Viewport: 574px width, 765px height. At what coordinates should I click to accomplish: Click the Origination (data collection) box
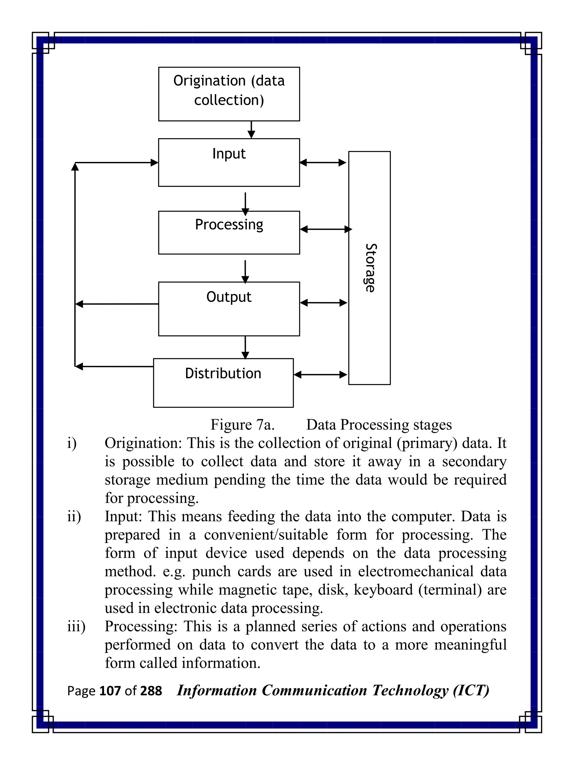pyautogui.click(x=229, y=94)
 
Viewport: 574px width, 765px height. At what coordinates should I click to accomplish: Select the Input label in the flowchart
pyautogui.click(x=229, y=154)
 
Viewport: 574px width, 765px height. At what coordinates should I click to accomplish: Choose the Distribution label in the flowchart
pyautogui.click(x=223, y=373)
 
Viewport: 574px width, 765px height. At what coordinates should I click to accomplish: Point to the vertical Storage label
pyautogui.click(x=371, y=268)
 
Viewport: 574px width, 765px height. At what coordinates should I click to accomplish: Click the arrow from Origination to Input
pyautogui.click(x=251, y=130)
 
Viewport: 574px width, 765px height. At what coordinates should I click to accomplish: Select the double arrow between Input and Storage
pyautogui.click(x=323, y=162)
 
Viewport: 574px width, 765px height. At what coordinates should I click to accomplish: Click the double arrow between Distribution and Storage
pyautogui.click(x=320, y=375)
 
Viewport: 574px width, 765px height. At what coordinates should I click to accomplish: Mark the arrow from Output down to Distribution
pyautogui.click(x=245, y=347)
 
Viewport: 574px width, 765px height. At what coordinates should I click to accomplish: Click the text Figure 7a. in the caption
pyautogui.click(x=242, y=425)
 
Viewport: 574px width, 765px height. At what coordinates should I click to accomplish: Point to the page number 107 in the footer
pyautogui.click(x=109, y=691)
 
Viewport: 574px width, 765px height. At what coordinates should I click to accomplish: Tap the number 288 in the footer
pyautogui.click(x=151, y=691)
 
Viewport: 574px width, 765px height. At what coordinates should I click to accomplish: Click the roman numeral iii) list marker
pyautogui.click(x=76, y=626)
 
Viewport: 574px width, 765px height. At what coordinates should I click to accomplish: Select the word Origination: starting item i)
pyautogui.click(x=143, y=443)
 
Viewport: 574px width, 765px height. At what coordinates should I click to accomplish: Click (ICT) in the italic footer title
pyautogui.click(x=471, y=691)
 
